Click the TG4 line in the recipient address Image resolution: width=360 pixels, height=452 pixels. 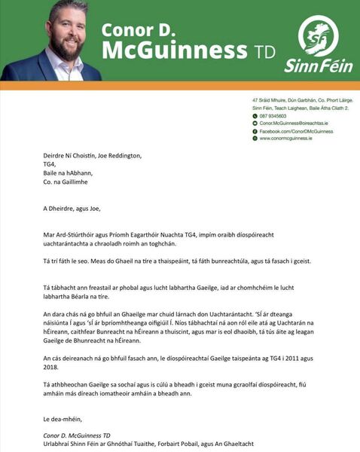[50, 165]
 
